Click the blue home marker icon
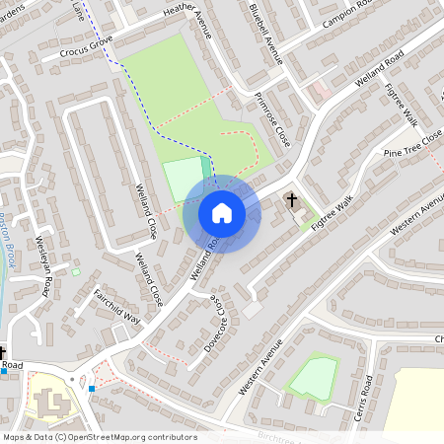click(221, 213)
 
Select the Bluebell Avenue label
click(266, 34)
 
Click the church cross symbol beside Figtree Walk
click(292, 201)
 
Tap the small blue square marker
click(92, 389)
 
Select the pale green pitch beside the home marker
click(182, 179)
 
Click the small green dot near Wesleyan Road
click(76, 271)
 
